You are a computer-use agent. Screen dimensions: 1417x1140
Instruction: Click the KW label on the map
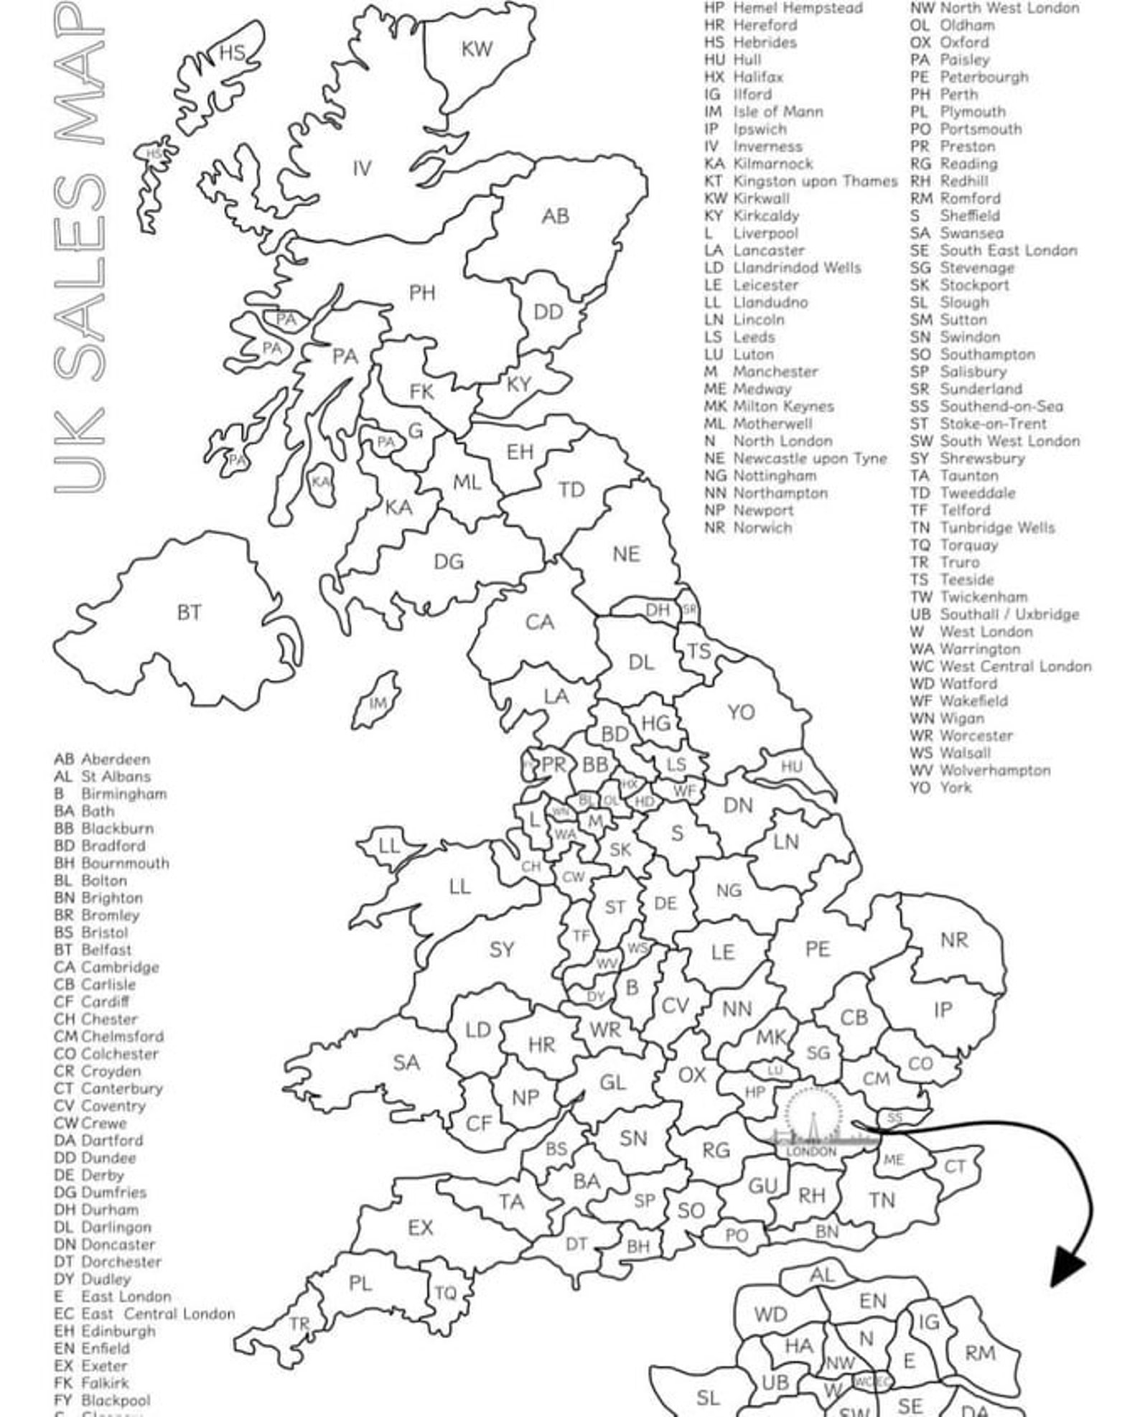tap(477, 50)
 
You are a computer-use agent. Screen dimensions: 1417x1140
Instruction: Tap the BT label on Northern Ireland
tap(189, 612)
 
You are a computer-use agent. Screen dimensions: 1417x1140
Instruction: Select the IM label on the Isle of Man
tap(378, 703)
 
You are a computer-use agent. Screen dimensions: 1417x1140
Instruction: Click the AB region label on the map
tap(555, 216)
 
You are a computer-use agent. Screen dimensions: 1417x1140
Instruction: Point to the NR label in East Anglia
tap(953, 940)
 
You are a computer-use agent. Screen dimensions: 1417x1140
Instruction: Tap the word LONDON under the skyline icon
tap(811, 1151)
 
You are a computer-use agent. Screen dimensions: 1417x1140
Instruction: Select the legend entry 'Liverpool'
tap(765, 233)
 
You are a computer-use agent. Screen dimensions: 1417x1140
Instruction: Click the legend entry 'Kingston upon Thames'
tap(815, 182)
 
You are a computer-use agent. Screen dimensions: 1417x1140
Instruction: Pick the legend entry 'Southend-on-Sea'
tap(1001, 406)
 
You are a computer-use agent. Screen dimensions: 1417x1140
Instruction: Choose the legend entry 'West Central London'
tap(1015, 666)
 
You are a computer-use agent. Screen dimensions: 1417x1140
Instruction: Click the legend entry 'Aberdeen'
tap(116, 759)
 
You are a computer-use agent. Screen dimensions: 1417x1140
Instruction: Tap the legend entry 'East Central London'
tap(158, 1314)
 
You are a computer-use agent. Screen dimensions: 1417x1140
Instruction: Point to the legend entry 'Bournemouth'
tap(125, 863)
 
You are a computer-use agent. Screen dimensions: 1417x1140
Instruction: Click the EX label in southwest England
tap(420, 1227)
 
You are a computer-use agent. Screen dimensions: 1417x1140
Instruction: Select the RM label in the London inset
tap(979, 1353)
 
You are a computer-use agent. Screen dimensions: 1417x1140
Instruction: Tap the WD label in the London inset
tap(770, 1314)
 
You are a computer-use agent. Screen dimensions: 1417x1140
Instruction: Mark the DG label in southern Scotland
tap(449, 561)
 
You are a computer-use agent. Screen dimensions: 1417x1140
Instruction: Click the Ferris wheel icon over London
tap(813, 1115)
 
